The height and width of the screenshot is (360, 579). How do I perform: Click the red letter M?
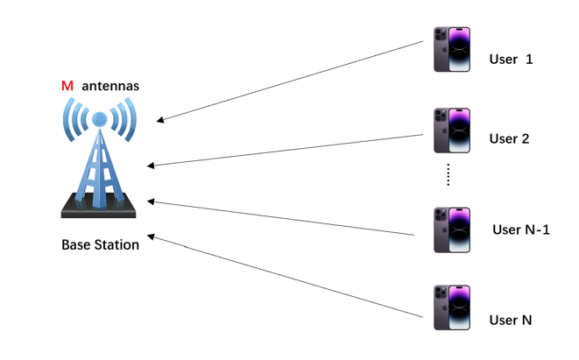pos(67,86)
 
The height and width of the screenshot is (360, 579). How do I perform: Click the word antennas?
pos(110,86)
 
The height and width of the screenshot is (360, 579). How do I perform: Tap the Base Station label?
pos(100,244)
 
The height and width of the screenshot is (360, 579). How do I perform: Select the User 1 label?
pos(511,60)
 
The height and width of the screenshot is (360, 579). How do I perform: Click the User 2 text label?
pos(509,138)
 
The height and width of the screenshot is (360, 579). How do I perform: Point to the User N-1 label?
pos(520,229)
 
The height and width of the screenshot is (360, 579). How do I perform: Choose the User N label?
pos(511,320)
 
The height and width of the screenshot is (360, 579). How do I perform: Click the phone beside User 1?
pos(452,50)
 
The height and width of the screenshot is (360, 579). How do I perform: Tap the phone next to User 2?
pos(452,131)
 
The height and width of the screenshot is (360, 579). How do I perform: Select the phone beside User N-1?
pos(452,229)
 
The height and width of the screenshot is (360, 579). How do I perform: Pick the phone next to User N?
pos(452,307)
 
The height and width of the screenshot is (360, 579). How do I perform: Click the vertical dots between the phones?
pos(448,174)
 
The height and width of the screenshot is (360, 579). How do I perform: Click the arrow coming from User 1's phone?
pos(289,81)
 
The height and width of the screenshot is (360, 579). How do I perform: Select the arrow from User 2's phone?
pos(285,150)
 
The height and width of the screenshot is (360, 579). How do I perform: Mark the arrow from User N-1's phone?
pos(280,218)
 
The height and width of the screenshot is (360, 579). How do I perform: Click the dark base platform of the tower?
pos(98,210)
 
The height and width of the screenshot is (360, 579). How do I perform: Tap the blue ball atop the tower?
pos(100,119)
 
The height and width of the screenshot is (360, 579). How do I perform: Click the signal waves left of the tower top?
pos(75,119)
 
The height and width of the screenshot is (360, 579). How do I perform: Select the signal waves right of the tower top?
pos(124,119)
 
